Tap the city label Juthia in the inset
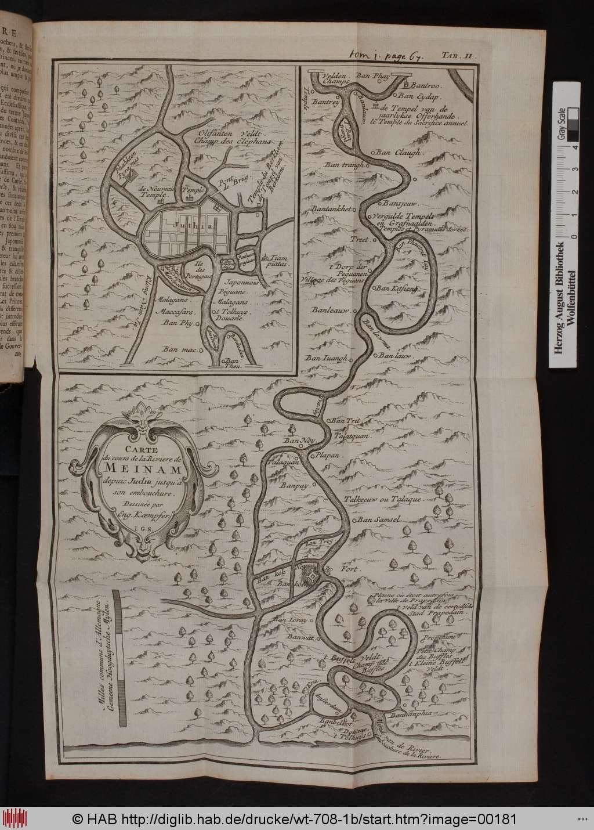pos(184,220)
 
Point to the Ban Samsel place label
pos(379,519)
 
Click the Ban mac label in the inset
pos(178,349)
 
